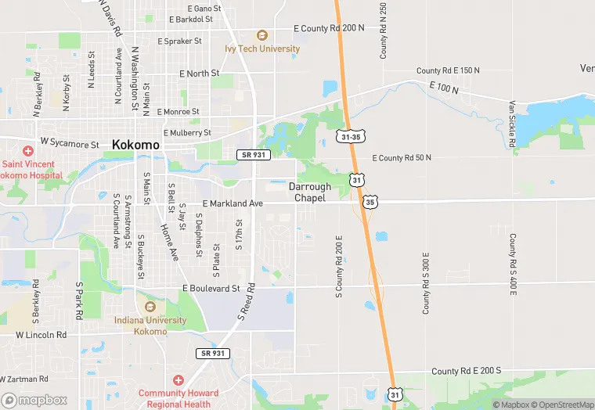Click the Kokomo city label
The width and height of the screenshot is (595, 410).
pyautogui.click(x=135, y=145)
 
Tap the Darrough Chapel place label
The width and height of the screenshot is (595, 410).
pyautogui.click(x=310, y=192)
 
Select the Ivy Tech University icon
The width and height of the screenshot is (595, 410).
pyautogui.click(x=261, y=35)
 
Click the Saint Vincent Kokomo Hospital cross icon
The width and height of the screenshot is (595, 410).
pyautogui.click(x=28, y=150)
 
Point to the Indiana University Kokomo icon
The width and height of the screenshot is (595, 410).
pyautogui.click(x=150, y=306)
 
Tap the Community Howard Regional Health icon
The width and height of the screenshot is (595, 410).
pyautogui.click(x=178, y=379)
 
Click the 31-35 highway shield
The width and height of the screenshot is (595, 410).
pyautogui.click(x=351, y=136)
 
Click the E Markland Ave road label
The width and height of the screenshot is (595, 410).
pyautogui.click(x=233, y=203)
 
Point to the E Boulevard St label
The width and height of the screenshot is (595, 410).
pyautogui.click(x=211, y=288)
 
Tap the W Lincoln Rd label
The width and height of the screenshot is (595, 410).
pyautogui.click(x=41, y=335)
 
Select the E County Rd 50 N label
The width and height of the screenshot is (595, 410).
pyautogui.click(x=402, y=158)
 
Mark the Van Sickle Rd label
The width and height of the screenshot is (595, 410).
pyautogui.click(x=512, y=123)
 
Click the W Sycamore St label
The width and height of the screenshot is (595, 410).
pyautogui.click(x=70, y=144)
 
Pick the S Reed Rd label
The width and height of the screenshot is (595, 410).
pyautogui.click(x=247, y=302)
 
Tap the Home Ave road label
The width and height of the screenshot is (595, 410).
pyautogui.click(x=169, y=242)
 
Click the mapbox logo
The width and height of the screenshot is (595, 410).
pyautogui.click(x=34, y=400)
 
